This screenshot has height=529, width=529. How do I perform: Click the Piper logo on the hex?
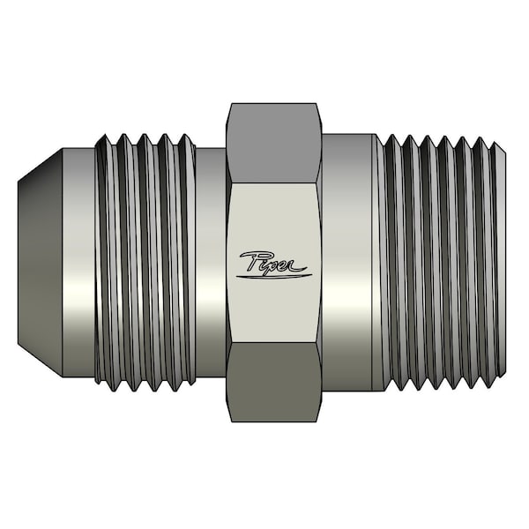pos(272,265)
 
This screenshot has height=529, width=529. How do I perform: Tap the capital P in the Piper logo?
pos(250,262)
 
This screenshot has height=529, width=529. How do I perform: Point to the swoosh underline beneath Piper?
pos(272,276)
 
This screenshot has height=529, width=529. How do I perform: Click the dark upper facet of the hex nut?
pos(273,144)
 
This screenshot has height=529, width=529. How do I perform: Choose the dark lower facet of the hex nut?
pos(273,383)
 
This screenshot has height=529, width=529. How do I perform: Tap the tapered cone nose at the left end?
pos(40,263)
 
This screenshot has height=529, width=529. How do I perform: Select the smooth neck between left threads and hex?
pos(210,263)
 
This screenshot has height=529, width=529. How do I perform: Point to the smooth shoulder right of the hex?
pos(348,263)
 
